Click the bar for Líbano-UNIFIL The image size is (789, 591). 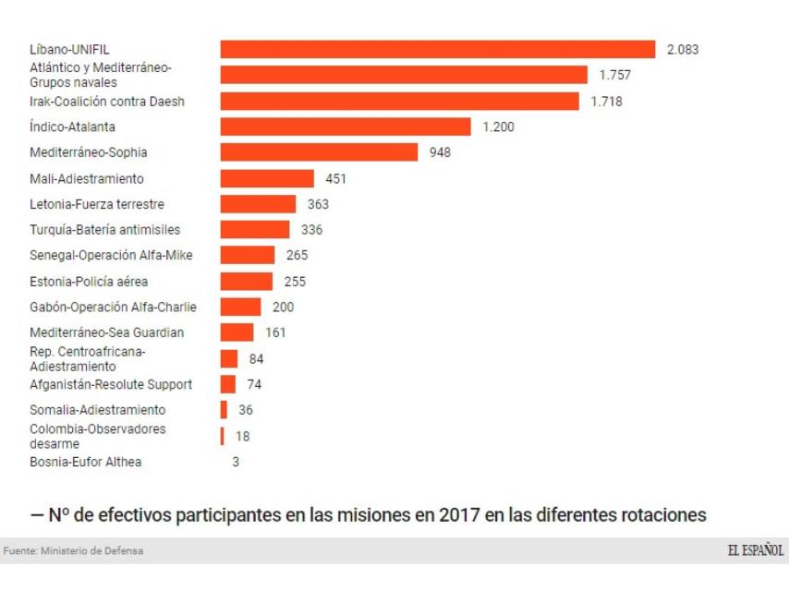pyautogui.click(x=437, y=49)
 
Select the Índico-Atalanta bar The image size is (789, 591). pyautogui.click(x=346, y=127)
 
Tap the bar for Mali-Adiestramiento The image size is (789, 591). pyautogui.click(x=267, y=178)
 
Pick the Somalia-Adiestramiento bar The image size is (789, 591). pyautogui.click(x=224, y=409)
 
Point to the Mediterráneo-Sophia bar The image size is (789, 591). pyautogui.click(x=320, y=152)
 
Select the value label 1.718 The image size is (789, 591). pyautogui.click(x=606, y=101)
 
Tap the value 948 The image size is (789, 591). pyautogui.click(x=440, y=152)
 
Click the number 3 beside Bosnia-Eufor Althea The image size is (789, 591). pyautogui.click(x=236, y=462)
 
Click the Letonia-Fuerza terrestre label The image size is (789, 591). pyautogui.click(x=97, y=204)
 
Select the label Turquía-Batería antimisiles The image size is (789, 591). pyautogui.click(x=104, y=230)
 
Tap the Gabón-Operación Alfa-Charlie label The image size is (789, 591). pyautogui.click(x=113, y=307)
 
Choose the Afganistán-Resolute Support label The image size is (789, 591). pyautogui.click(x=111, y=384)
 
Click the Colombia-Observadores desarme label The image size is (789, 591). pyautogui.click(x=97, y=436)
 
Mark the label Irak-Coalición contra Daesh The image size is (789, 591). pyautogui.click(x=107, y=101)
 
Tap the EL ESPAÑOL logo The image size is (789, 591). pyautogui.click(x=756, y=550)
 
